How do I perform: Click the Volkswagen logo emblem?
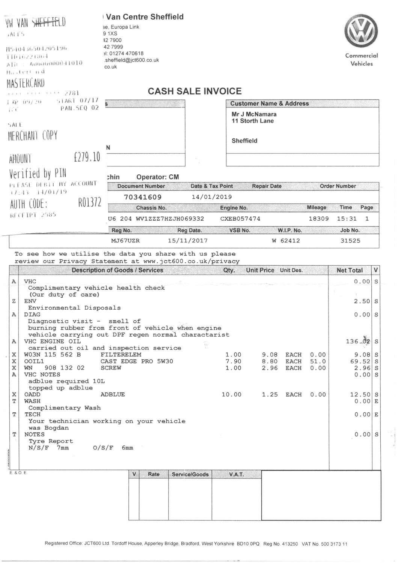[x=361, y=31]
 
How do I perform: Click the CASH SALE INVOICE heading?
[x=194, y=91]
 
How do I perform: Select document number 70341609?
[x=143, y=197]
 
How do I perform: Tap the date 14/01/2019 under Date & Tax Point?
[x=211, y=197]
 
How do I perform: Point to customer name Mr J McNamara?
[x=254, y=114]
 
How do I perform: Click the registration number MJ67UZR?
[x=125, y=241]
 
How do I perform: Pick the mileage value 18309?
[x=318, y=219]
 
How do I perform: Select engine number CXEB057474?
[x=240, y=219]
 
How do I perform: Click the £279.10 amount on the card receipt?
[x=87, y=157]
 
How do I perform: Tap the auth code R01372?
[x=90, y=203]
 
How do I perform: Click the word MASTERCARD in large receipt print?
[x=26, y=83]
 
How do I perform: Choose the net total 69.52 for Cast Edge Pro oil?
[x=360, y=362]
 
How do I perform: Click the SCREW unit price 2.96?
[x=270, y=368]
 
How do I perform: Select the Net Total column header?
[x=350, y=270]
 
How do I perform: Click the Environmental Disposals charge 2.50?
[x=363, y=301]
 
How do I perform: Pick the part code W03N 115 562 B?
[x=52, y=355]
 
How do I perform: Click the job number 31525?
[x=350, y=241]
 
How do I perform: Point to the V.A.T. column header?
[x=236, y=474]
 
